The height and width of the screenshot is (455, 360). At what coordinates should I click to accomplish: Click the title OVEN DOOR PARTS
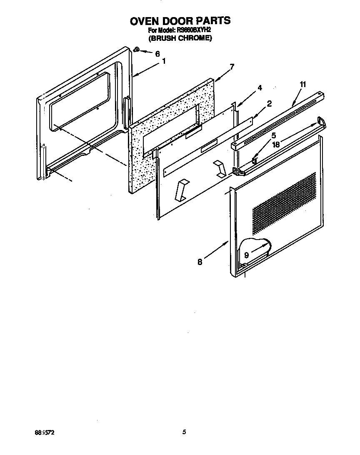click(180, 21)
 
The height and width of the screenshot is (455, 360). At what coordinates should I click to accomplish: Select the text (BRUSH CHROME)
click(180, 38)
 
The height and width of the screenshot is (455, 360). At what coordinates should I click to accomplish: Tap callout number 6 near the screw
click(157, 54)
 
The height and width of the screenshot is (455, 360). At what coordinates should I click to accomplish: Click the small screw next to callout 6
click(136, 50)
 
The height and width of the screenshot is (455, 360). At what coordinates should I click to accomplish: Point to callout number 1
click(164, 61)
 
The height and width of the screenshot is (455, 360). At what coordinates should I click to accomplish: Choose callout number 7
click(232, 67)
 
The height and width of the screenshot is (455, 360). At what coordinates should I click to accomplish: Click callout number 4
click(259, 88)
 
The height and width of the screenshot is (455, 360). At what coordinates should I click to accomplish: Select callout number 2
click(269, 104)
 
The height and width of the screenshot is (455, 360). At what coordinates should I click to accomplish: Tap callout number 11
click(302, 85)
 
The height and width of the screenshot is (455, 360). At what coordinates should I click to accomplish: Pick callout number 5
click(273, 135)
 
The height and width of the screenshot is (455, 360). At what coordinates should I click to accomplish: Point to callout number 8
click(200, 262)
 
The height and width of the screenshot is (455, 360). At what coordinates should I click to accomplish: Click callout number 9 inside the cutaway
click(247, 255)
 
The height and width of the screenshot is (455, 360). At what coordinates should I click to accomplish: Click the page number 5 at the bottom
click(184, 432)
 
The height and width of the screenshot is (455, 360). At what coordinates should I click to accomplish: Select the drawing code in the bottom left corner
click(45, 432)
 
